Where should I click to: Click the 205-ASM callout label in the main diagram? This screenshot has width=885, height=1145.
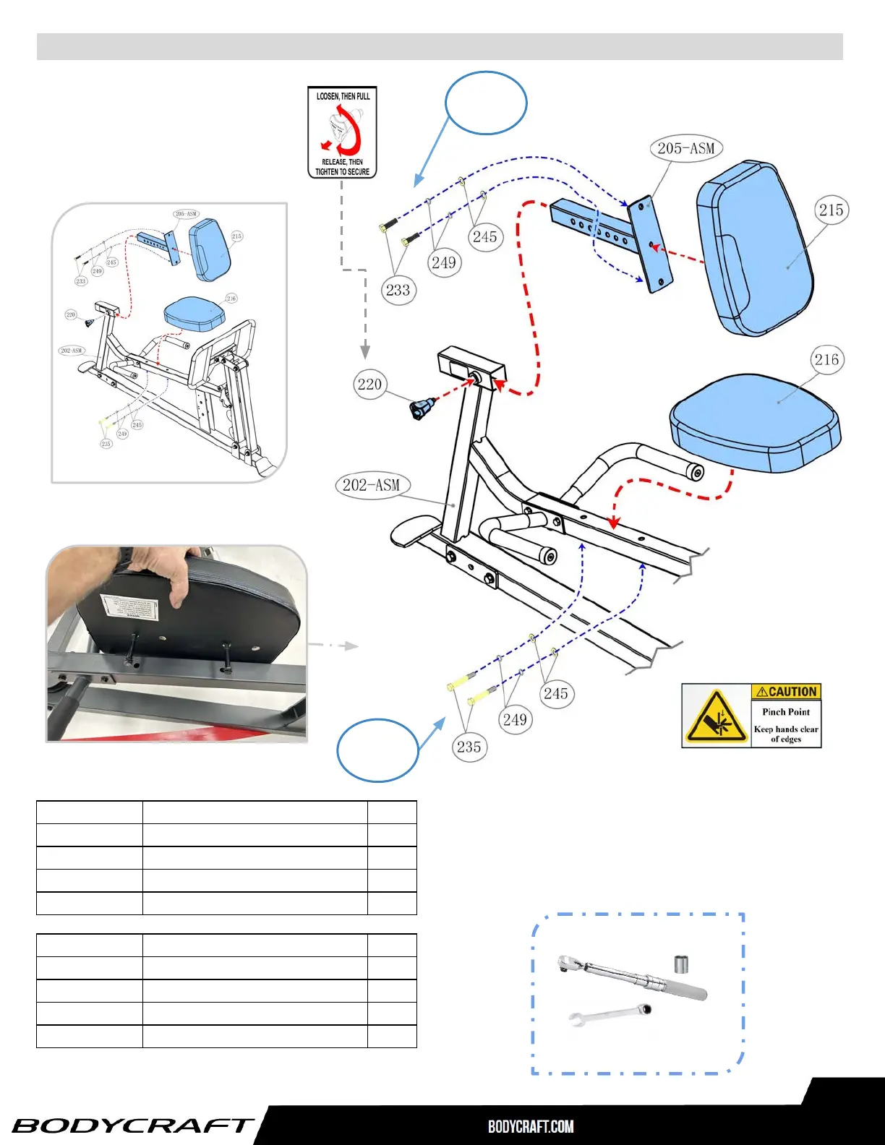[x=685, y=149]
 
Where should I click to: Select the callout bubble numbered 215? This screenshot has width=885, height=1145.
[x=831, y=210]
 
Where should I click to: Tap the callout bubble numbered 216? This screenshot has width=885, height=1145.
[x=826, y=360]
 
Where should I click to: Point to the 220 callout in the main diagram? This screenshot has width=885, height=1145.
[x=369, y=384]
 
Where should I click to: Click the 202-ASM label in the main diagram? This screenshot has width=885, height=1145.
[x=372, y=485]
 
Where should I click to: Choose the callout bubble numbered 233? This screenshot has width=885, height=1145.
[x=398, y=291]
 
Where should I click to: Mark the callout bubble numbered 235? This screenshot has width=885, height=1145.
[x=469, y=747]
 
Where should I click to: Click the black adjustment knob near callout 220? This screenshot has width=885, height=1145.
[x=421, y=409]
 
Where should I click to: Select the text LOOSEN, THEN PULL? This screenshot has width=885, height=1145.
[x=343, y=96]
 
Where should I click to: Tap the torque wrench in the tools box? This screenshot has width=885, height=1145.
[x=633, y=977]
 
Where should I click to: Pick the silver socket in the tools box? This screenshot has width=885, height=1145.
[x=680, y=964]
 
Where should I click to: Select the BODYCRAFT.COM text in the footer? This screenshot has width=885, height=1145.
[x=531, y=1126]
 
